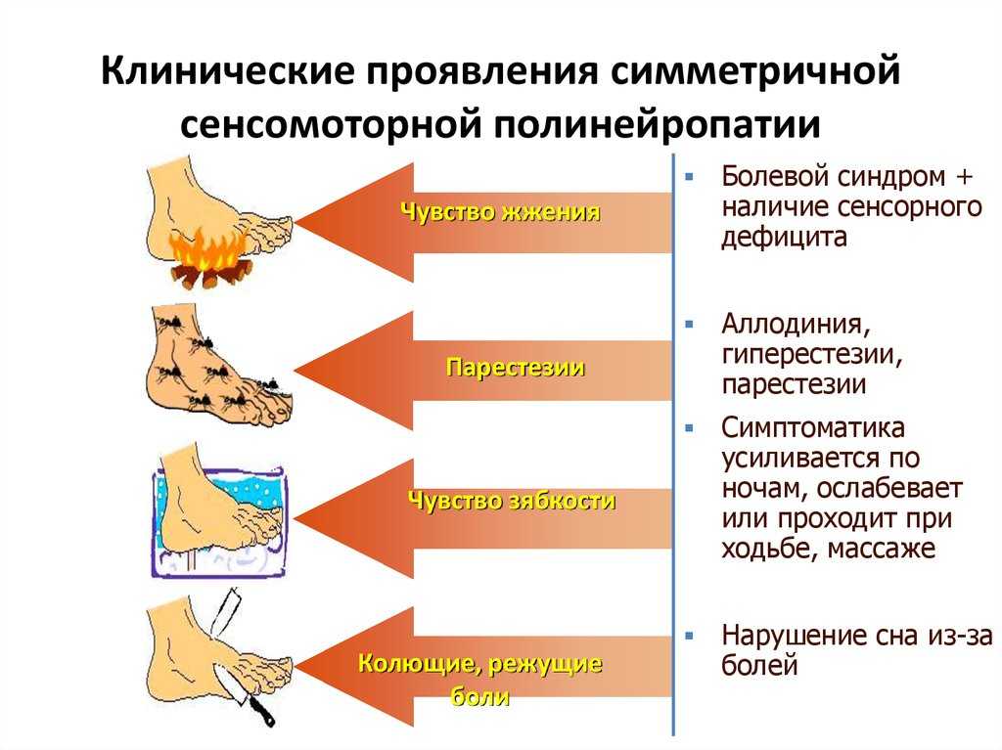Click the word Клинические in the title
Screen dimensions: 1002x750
(226, 70)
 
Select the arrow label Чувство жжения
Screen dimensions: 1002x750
(500, 211)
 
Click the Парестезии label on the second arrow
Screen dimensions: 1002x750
(515, 368)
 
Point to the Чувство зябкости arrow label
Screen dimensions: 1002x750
(511, 501)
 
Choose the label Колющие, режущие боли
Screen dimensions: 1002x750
(479, 679)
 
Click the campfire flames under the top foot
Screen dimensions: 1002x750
(208, 251)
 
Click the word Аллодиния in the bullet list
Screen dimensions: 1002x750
(796, 324)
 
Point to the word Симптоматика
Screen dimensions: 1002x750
(813, 427)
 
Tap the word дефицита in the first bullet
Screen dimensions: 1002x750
(784, 238)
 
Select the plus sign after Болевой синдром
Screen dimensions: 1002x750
(963, 176)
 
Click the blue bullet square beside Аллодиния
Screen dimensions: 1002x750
(689, 325)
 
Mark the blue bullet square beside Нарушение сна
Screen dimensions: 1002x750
(689, 636)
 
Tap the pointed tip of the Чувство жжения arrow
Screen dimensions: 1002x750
(296, 223)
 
